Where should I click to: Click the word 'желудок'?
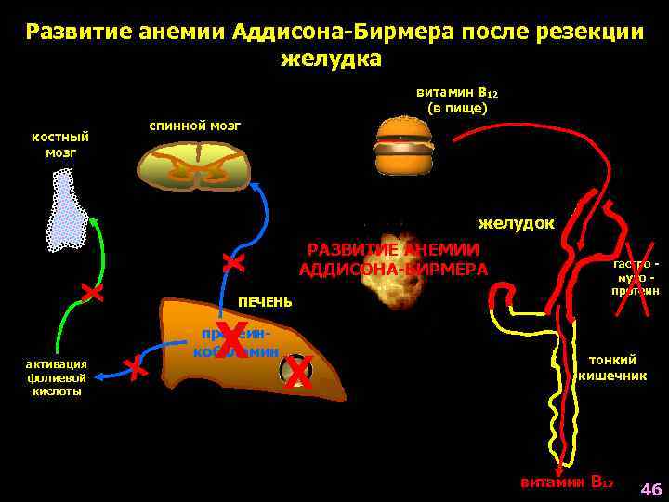[516, 223]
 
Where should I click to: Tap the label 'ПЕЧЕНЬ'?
[265, 302]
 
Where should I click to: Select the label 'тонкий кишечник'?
[611, 368]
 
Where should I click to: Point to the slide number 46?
[650, 489]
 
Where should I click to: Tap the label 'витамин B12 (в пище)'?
[456, 100]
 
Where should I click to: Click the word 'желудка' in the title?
[330, 59]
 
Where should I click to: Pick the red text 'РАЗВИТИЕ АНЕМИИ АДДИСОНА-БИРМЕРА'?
[393, 259]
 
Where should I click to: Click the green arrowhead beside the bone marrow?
[94, 219]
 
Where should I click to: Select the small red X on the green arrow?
[91, 293]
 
